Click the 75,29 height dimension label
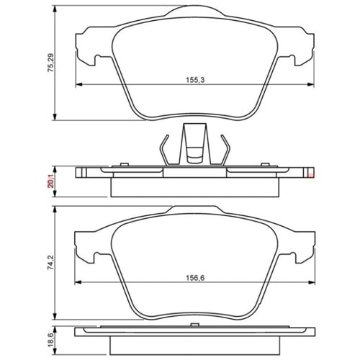(51, 63)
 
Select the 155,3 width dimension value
(195, 80)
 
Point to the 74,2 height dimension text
(51, 263)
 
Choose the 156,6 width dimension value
(195, 278)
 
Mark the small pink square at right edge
(311, 176)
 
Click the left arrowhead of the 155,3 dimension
(79, 84)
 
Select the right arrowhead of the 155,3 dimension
(311, 84)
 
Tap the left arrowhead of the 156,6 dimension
(78, 282)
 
